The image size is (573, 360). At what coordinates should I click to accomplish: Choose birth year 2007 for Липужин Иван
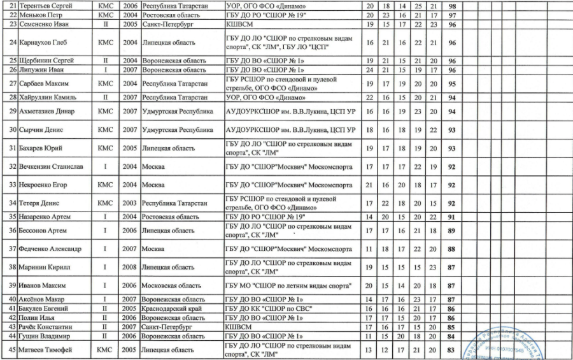[129, 69]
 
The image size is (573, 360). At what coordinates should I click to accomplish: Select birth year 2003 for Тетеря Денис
[129, 204]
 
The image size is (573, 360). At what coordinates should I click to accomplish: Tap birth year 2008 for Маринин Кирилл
[129, 266]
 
